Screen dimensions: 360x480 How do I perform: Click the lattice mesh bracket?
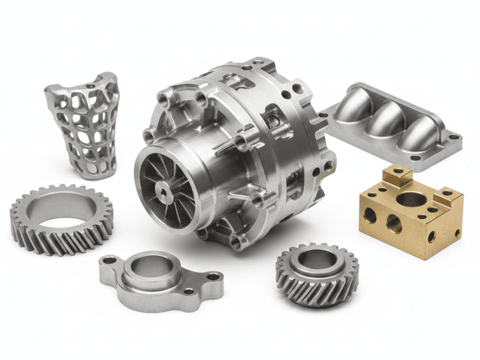pyautogui.click(x=84, y=126)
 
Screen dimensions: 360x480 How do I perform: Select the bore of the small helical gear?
pyautogui.click(x=317, y=259)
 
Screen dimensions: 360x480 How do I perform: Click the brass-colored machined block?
pyautogui.click(x=411, y=213)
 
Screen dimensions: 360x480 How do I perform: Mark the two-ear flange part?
pyautogui.click(x=159, y=279)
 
